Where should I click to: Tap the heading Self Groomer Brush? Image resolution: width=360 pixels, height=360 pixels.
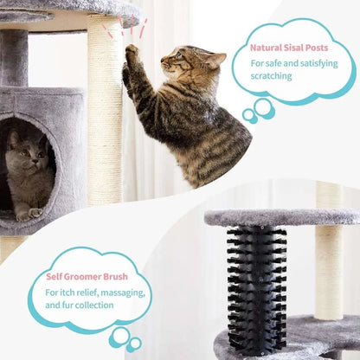[87, 277]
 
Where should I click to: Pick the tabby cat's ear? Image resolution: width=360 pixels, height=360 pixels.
[214, 60]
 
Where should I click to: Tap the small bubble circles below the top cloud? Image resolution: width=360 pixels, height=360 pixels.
[259, 110]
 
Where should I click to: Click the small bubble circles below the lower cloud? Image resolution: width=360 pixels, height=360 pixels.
[120, 338]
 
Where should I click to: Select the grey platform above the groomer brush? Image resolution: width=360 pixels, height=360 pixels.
[277, 216]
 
